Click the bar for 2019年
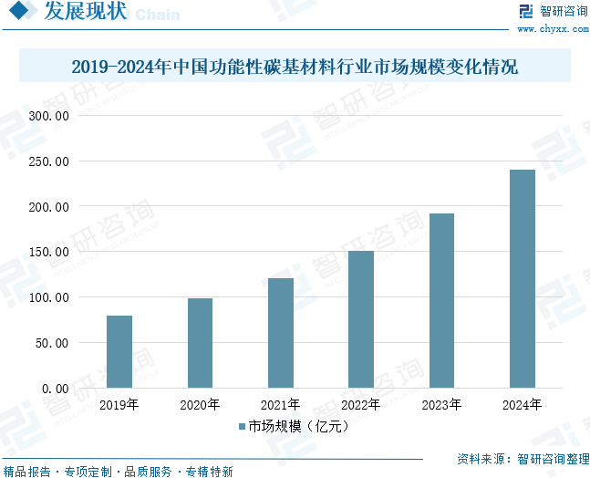119,351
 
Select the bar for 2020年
200,343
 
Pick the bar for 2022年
361,319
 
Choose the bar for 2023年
441,301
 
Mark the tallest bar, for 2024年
523,278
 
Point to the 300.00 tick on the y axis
48,116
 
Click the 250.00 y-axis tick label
48,161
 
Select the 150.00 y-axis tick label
48,252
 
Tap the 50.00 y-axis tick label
52,343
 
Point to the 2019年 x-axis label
119,404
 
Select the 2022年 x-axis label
361,404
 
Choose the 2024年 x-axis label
523,404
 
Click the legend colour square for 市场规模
243,426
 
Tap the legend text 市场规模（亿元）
299,426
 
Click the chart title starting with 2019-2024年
294,68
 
